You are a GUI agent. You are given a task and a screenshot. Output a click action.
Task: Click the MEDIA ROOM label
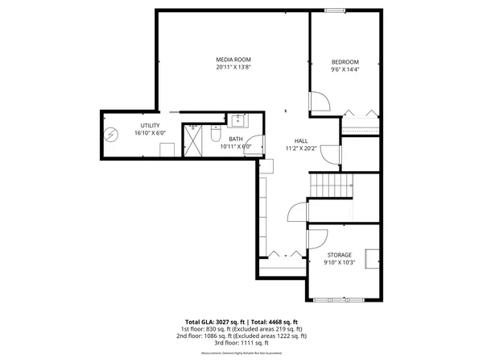[x=233, y=60]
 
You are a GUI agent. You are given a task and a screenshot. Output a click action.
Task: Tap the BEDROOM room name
[x=345, y=62]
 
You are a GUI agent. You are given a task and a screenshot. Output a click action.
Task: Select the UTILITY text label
[x=150, y=126]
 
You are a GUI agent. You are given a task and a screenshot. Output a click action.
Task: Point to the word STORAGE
[x=339, y=255]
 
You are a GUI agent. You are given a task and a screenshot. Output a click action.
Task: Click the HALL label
[x=301, y=140]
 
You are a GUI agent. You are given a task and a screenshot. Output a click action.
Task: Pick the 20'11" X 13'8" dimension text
[x=233, y=68]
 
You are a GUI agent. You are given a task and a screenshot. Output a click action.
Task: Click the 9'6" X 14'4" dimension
[x=345, y=70]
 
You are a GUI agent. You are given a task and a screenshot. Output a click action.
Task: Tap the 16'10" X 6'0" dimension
[x=150, y=134]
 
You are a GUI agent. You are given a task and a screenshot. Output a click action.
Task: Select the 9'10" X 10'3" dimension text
[x=339, y=263]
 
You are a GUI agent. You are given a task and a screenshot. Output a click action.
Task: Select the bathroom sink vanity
[x=238, y=121]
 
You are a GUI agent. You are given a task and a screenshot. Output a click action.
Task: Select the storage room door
[x=317, y=238]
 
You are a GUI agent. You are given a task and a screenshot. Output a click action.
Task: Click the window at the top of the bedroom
[x=336, y=10]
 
